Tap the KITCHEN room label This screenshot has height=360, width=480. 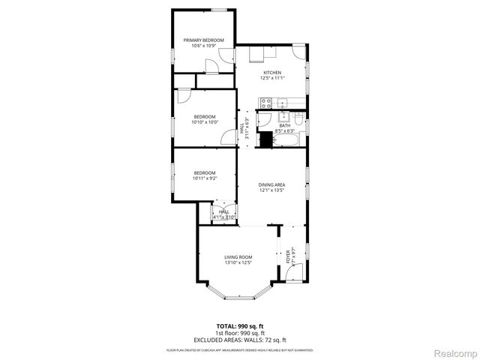point(271,73)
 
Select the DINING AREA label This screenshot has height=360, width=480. point(271,184)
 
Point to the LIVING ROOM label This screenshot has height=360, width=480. point(238,257)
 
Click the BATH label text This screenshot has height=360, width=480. point(284,125)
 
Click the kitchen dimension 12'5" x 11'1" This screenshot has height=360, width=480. point(271,78)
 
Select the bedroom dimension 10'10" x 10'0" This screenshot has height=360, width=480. point(205,122)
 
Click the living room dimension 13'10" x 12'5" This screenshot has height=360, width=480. point(238,262)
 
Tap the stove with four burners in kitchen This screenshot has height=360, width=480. point(265,103)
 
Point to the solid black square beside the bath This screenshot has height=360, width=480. point(265,139)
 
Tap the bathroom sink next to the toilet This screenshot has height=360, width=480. point(283,116)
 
